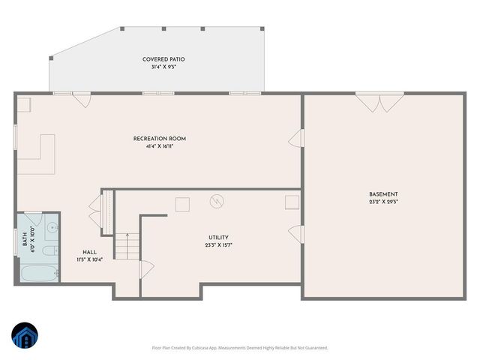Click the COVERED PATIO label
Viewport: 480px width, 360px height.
pyautogui.click(x=163, y=59)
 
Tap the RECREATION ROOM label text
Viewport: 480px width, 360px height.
pyautogui.click(x=160, y=139)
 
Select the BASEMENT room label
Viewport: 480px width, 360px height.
pyautogui.click(x=383, y=194)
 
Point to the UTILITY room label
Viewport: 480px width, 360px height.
pyautogui.click(x=218, y=238)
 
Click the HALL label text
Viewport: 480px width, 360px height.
pyautogui.click(x=90, y=252)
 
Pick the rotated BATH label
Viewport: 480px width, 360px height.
pyautogui.click(x=24, y=240)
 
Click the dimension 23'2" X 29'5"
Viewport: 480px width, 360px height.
pyautogui.click(x=383, y=202)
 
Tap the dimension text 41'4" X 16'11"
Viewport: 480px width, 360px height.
pyautogui.click(x=160, y=146)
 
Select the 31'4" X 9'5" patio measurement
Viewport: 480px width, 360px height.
pyautogui.click(x=163, y=67)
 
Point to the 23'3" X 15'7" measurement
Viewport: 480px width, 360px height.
pyautogui.click(x=218, y=245)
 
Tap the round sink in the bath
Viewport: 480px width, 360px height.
pyautogui.click(x=50, y=226)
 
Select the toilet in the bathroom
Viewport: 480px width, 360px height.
pyautogui.click(x=47, y=251)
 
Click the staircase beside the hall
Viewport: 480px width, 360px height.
pyautogui.click(x=127, y=244)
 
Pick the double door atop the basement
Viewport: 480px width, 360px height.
pyautogui.click(x=379, y=102)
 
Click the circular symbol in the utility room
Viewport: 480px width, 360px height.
pyautogui.click(x=217, y=201)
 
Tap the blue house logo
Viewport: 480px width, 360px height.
pyautogui.click(x=24, y=336)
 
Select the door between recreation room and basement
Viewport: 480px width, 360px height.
pyautogui.click(x=298, y=139)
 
